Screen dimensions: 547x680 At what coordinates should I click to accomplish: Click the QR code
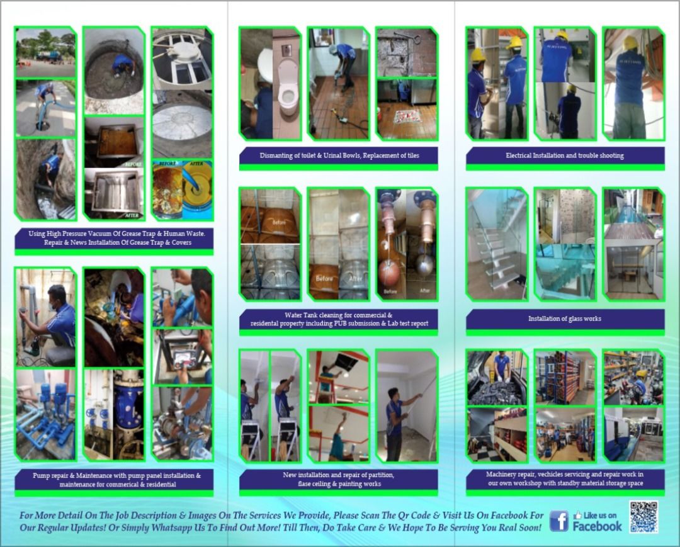643,517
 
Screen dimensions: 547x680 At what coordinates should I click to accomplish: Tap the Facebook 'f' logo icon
558,521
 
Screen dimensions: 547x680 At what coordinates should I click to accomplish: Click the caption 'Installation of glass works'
565,319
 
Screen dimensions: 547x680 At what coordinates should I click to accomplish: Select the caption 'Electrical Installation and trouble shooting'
565,155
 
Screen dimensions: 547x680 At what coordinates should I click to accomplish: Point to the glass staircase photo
497,244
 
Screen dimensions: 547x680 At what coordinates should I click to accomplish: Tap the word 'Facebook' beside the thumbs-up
597,526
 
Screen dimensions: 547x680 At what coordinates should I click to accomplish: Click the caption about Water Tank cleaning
338,319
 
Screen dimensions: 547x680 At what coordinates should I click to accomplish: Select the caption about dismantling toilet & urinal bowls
338,155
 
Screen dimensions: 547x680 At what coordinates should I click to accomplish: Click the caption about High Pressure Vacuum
113,237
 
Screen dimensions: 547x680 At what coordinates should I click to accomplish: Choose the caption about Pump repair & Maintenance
113,480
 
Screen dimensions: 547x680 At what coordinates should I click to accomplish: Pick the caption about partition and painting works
338,479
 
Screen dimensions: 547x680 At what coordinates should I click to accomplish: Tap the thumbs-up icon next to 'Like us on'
577,514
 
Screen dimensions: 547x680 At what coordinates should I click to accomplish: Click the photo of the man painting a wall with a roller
406,407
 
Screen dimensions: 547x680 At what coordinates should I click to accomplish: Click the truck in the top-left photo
48,55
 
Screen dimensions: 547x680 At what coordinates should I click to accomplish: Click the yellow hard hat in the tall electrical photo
630,43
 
